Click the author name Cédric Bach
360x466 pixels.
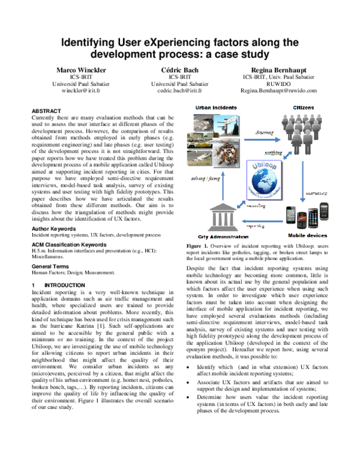(179, 70)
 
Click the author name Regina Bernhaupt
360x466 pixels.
(278, 70)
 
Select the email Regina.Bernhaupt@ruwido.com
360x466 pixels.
(278, 91)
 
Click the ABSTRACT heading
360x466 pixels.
(46, 111)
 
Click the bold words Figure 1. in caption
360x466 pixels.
(199, 263)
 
